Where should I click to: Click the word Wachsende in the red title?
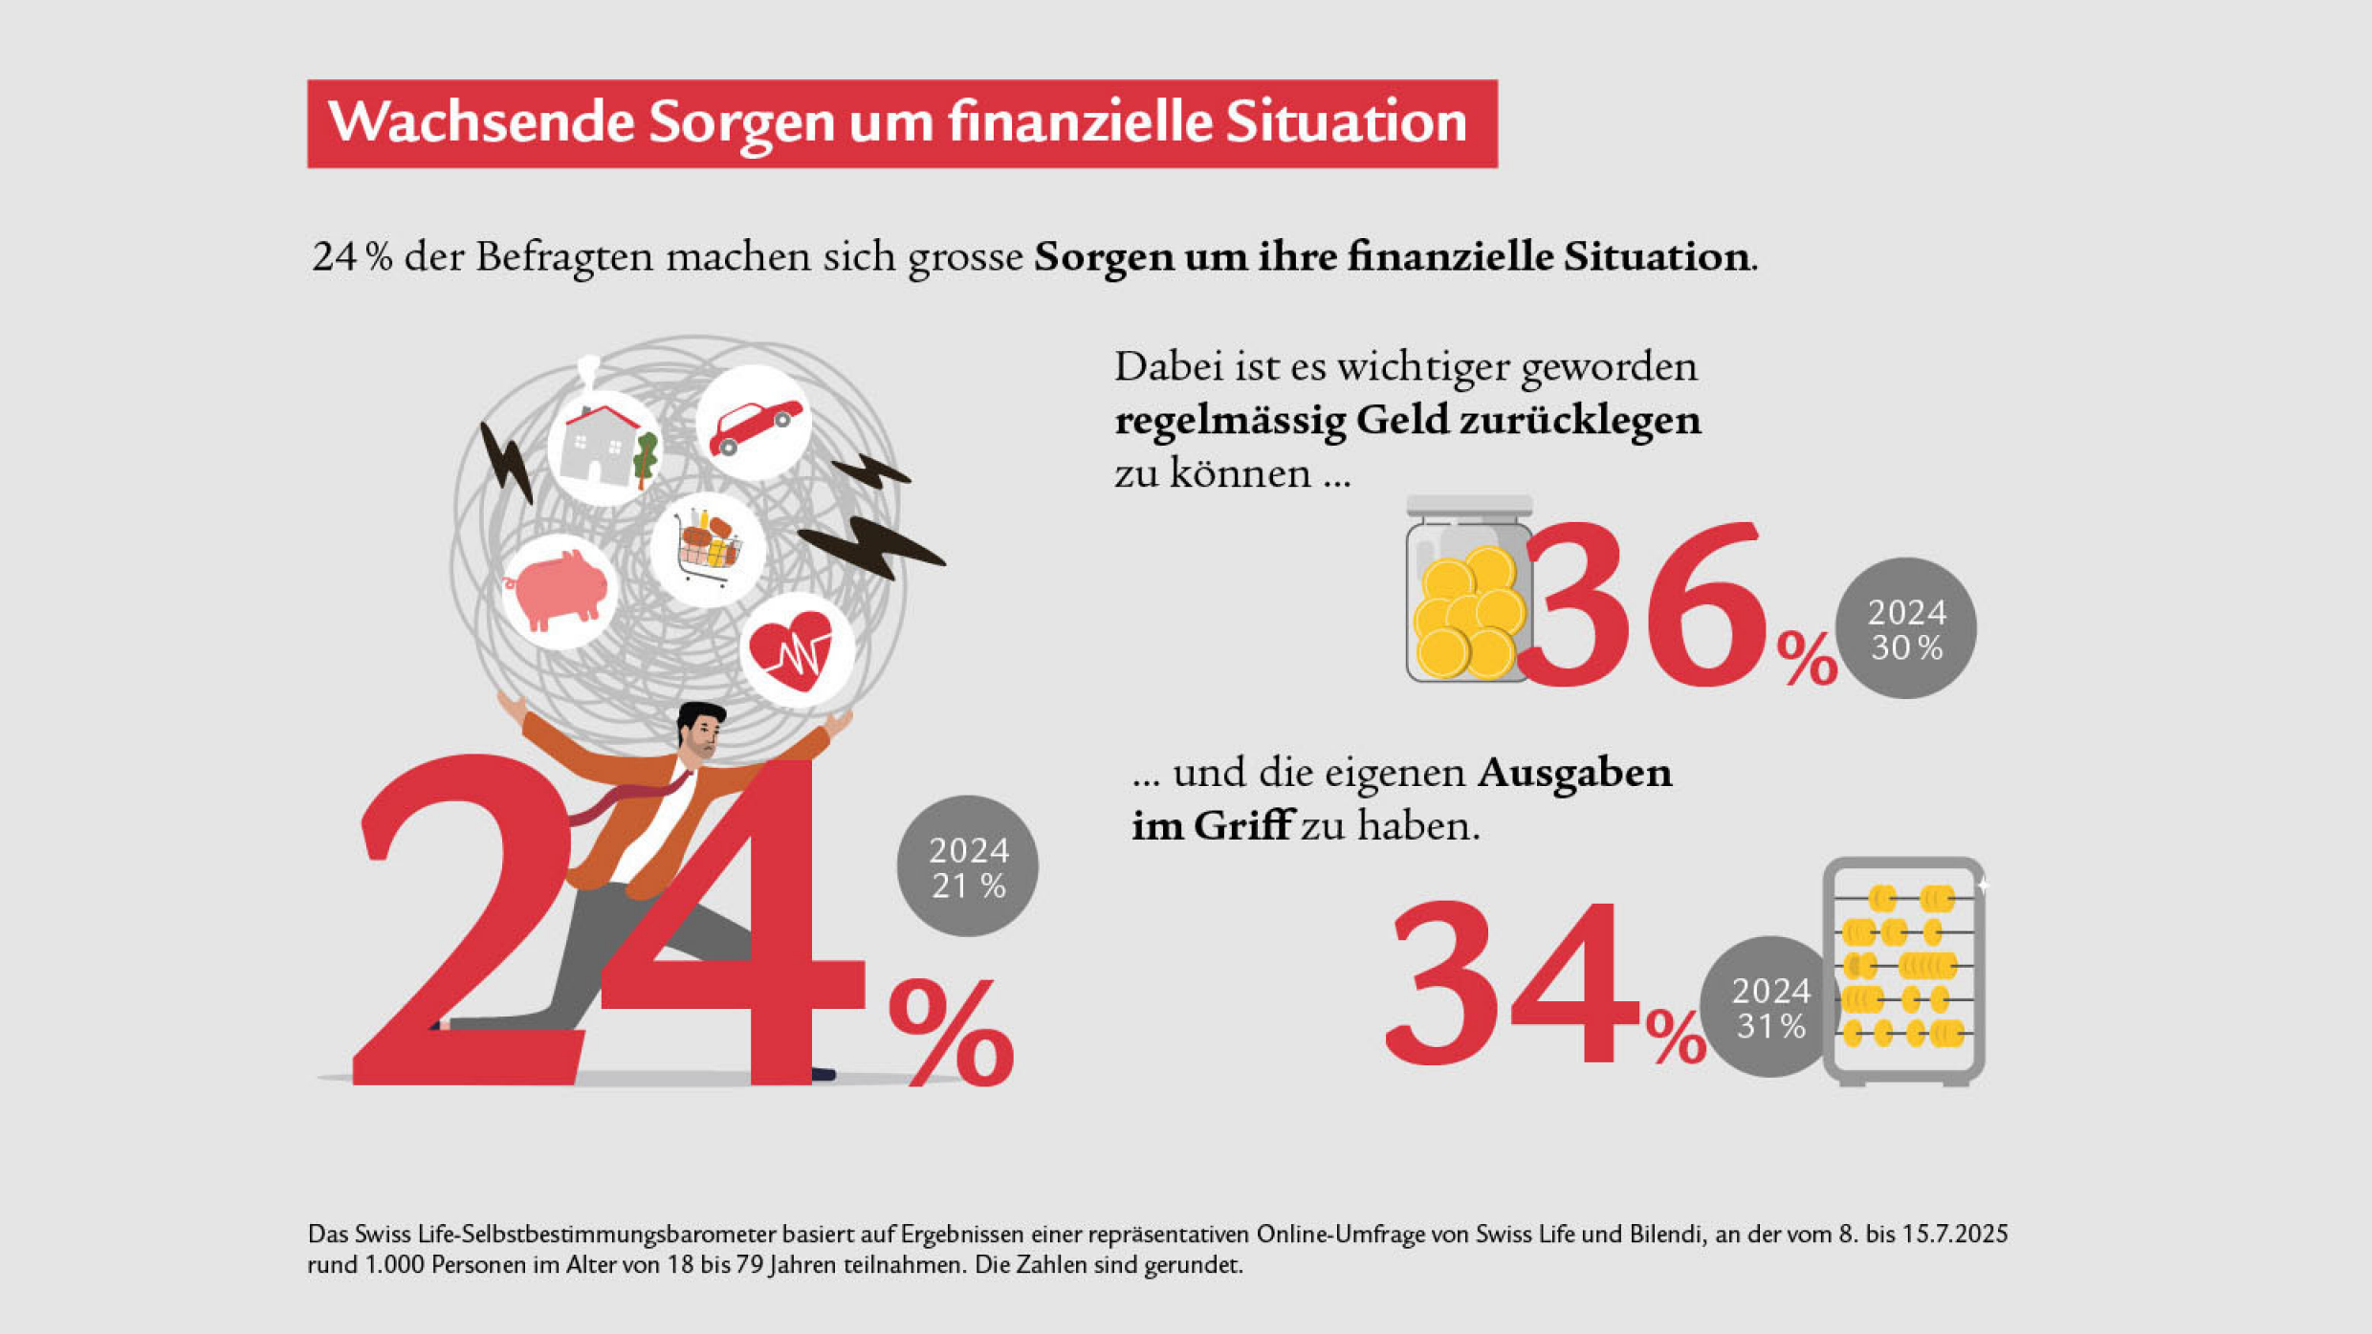tap(481, 122)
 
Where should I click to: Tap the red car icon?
tap(755, 426)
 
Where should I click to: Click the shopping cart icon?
tap(708, 547)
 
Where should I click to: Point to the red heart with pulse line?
tap(790, 650)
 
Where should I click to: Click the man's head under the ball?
tap(700, 732)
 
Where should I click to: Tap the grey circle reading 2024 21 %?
tap(967, 865)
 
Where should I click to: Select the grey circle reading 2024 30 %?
tap(1906, 628)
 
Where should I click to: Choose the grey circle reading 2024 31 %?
tap(1769, 1006)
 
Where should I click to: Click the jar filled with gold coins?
tap(1468, 589)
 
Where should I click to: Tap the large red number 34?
tap(1511, 983)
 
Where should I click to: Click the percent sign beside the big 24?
tap(952, 1033)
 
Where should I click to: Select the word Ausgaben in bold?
tap(1575, 773)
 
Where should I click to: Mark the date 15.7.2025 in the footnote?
tap(1954, 1234)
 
